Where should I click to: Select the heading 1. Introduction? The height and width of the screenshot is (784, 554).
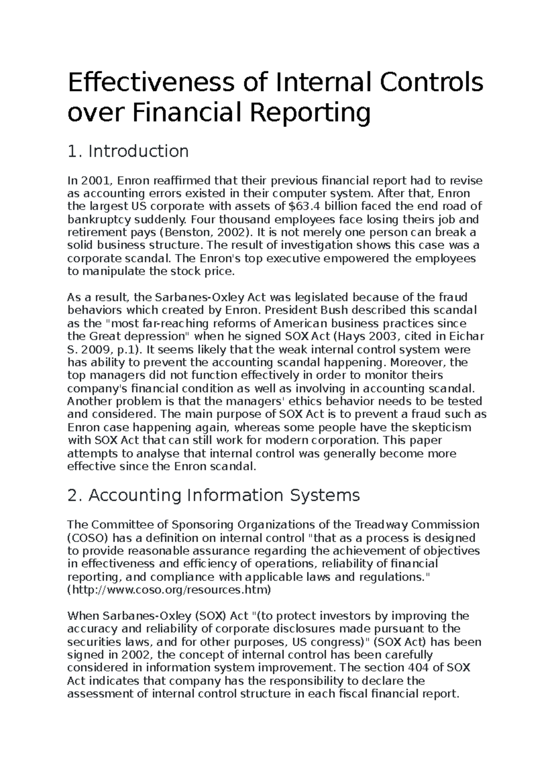(x=128, y=151)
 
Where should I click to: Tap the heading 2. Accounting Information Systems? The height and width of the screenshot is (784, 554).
(x=213, y=495)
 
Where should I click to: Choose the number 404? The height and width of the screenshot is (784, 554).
(x=420, y=668)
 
